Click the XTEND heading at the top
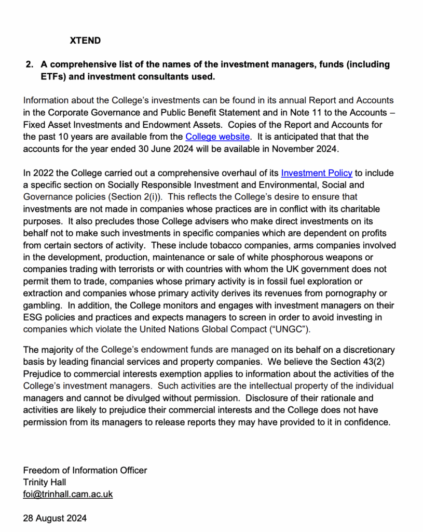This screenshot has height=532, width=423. coord(85,41)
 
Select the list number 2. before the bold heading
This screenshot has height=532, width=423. coord(30,65)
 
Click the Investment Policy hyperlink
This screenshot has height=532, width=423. coord(317,173)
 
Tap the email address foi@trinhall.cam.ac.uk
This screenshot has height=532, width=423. coord(68,494)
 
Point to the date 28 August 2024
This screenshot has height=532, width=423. coord(55,518)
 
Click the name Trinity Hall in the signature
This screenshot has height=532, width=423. coord(45,482)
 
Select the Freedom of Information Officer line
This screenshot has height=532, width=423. coord(85,470)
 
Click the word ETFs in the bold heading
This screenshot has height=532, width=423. coord(40,77)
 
